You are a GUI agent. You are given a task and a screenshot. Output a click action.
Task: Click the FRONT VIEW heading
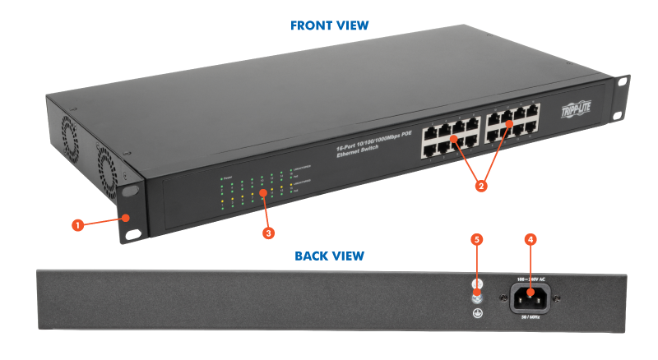(x=329, y=25)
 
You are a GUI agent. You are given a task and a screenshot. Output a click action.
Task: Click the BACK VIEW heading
(x=329, y=256)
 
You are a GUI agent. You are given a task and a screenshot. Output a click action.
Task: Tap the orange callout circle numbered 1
(x=76, y=224)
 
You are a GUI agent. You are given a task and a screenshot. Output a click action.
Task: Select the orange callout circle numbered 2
(x=482, y=186)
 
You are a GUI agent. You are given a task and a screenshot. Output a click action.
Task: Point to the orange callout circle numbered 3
(x=268, y=233)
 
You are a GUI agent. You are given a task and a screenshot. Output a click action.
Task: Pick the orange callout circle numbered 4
(x=530, y=239)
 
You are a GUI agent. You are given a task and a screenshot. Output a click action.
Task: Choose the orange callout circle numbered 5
(x=475, y=239)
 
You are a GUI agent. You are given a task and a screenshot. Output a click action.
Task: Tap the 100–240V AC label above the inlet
(x=530, y=279)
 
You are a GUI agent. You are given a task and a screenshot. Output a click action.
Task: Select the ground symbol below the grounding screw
(x=476, y=312)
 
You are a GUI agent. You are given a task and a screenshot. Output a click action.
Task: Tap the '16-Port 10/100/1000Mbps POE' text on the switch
(x=373, y=147)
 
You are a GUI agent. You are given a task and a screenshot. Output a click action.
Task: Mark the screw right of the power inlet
(x=558, y=298)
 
